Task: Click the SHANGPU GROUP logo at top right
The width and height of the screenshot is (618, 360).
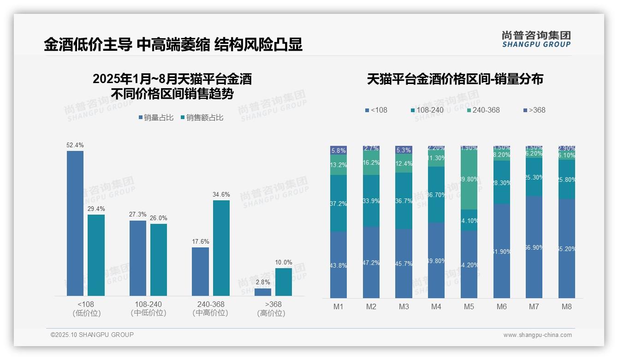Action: tap(536, 39)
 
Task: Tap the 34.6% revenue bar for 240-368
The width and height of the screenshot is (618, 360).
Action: tap(221, 248)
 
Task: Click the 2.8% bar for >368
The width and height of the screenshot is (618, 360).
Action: tap(263, 292)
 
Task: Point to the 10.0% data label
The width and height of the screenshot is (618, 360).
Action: tap(284, 263)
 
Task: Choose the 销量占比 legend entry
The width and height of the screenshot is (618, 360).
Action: tap(156, 118)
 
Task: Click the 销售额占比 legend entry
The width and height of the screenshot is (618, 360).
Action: tap(202, 118)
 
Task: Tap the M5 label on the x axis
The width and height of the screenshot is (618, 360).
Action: tap(469, 306)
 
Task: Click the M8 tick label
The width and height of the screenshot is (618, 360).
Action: tap(567, 306)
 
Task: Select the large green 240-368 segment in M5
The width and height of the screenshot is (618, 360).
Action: tap(469, 180)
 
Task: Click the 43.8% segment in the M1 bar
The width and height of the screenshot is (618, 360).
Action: tap(339, 265)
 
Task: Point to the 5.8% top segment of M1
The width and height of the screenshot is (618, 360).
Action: tap(339, 150)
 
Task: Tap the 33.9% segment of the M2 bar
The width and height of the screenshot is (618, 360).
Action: tap(371, 201)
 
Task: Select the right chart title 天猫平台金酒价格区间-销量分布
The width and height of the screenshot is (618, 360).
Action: tap(455, 79)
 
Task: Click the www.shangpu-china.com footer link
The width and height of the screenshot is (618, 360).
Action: tap(537, 335)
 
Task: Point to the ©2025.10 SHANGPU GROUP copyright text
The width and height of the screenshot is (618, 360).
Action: tap(92, 335)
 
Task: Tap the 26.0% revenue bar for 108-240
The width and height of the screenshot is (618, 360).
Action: tap(159, 260)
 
